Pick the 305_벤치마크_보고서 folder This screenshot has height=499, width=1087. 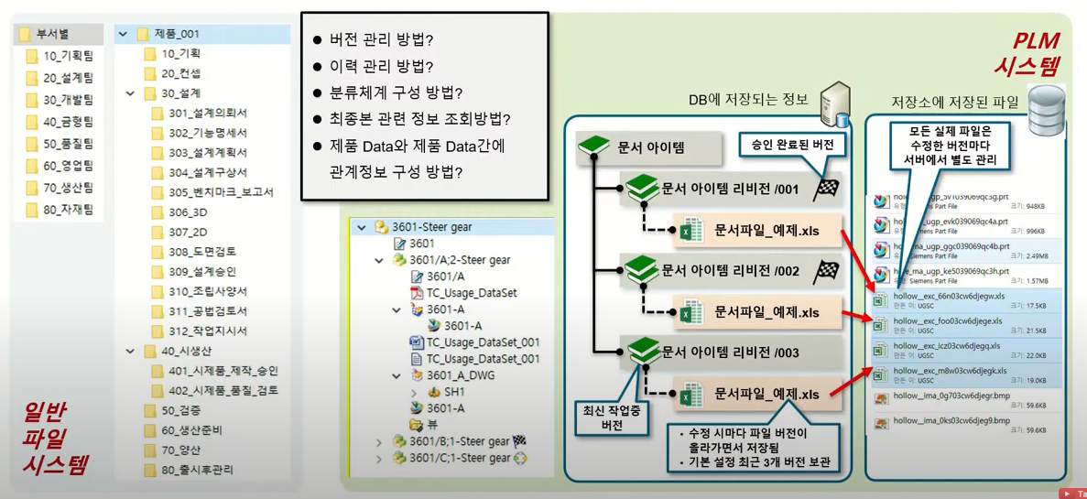coord(220,192)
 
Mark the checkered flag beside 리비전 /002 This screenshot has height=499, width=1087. coord(826,271)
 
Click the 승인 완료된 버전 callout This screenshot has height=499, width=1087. coord(792,145)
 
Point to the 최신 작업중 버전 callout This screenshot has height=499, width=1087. coord(610,418)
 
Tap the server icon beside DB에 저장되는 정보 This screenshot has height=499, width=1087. coord(834,104)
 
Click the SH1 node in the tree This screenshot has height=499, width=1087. coord(453,392)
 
